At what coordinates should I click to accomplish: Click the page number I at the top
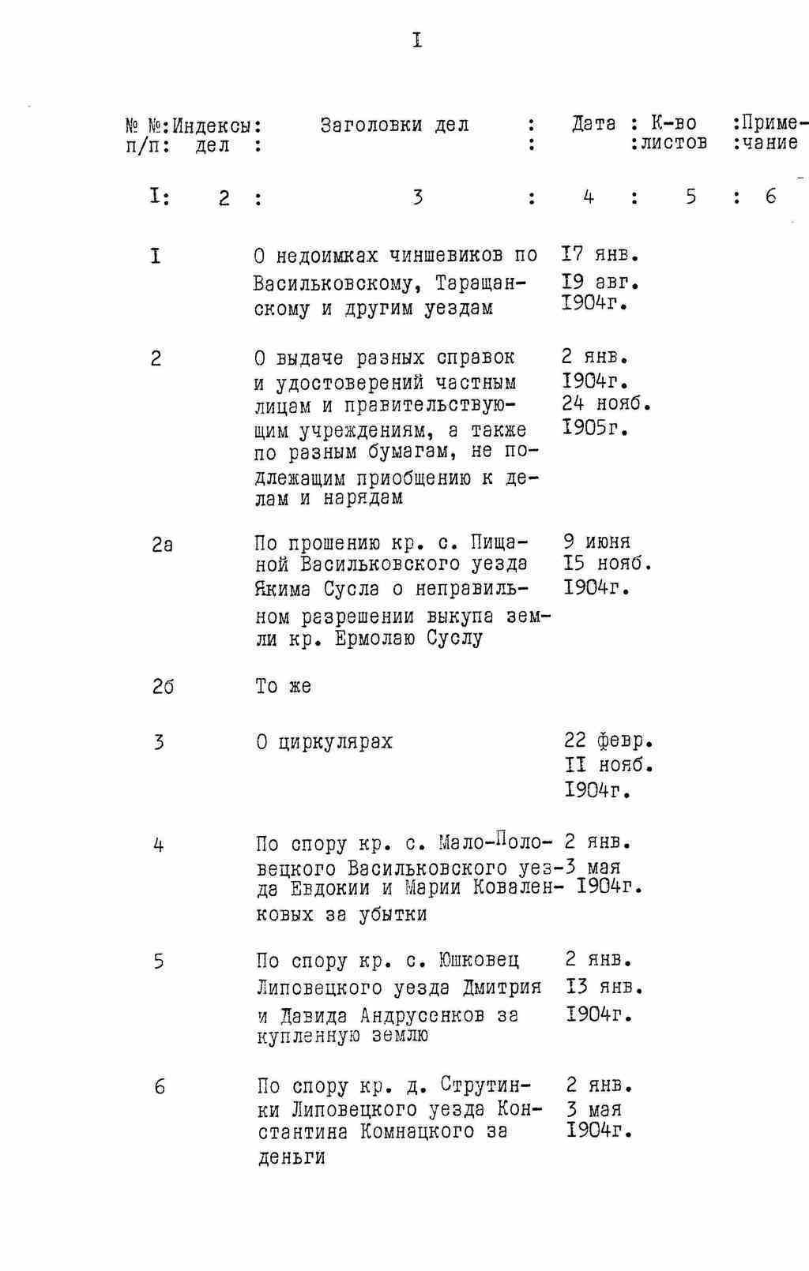point(416,40)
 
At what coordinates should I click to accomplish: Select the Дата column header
point(593,124)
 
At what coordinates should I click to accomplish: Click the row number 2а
point(162,545)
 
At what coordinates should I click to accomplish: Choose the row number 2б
point(163,687)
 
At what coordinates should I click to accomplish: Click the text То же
point(284,686)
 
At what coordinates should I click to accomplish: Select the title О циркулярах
point(324,742)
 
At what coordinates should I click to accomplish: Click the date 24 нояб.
point(606,404)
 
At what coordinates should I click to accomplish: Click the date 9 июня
point(596,542)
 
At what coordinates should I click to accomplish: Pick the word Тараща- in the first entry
point(481,282)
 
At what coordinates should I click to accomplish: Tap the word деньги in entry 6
point(292,1158)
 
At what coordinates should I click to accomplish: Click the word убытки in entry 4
point(392,914)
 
